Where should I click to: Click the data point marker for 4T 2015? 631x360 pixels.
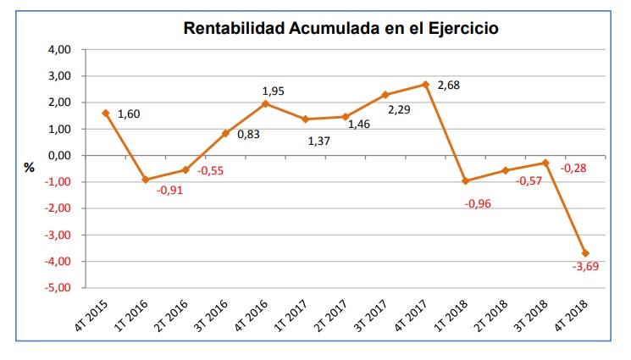(x=105, y=113)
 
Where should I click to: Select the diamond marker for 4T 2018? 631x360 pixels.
(x=585, y=253)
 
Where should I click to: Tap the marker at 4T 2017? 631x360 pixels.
(x=425, y=85)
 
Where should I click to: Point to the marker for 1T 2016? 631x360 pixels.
(x=145, y=180)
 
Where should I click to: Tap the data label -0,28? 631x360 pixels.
(x=573, y=168)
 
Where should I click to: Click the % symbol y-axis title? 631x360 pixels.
(x=30, y=168)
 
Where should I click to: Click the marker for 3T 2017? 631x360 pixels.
(x=385, y=95)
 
